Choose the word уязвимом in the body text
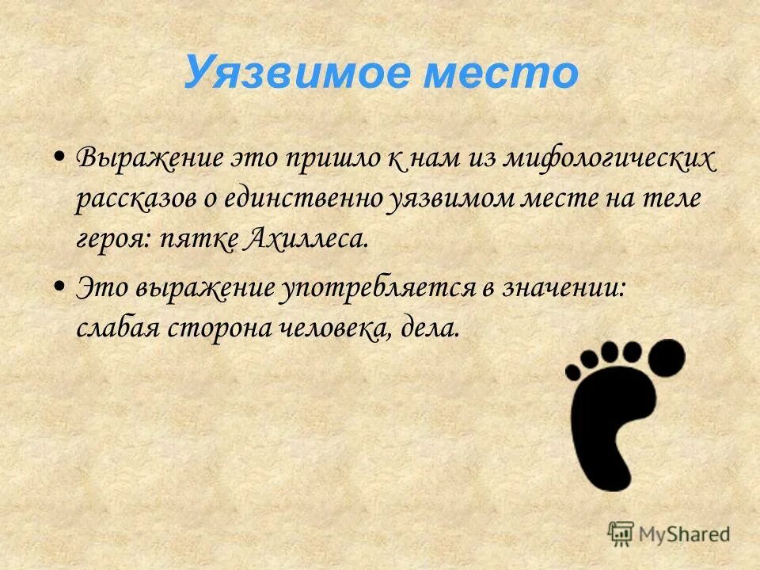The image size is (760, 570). (x=451, y=198)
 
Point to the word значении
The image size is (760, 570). (x=563, y=287)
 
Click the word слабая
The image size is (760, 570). (x=118, y=327)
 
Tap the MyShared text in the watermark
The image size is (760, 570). (x=685, y=534)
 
